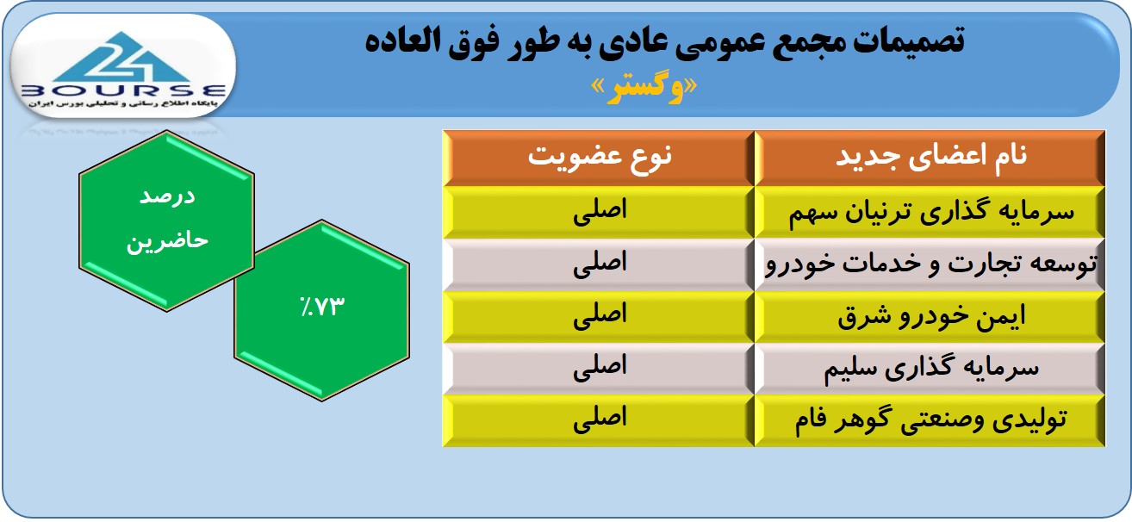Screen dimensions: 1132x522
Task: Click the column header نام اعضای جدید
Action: point(930,157)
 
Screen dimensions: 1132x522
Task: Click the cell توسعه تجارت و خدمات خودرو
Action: point(930,264)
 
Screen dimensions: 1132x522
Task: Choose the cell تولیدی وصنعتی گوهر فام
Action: point(930,420)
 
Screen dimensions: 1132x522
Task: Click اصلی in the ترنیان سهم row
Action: point(600,211)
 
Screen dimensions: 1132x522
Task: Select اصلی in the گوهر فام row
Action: point(600,419)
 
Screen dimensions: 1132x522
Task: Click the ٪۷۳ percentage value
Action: point(321,307)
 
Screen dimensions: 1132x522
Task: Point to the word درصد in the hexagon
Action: point(167,196)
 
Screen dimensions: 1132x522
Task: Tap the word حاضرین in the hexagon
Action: point(167,240)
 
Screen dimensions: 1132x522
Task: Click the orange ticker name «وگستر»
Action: point(644,89)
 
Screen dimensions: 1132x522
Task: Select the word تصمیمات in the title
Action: point(909,41)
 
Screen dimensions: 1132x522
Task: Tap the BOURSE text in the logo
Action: point(123,91)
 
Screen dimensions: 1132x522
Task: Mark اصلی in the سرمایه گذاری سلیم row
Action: point(600,367)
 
